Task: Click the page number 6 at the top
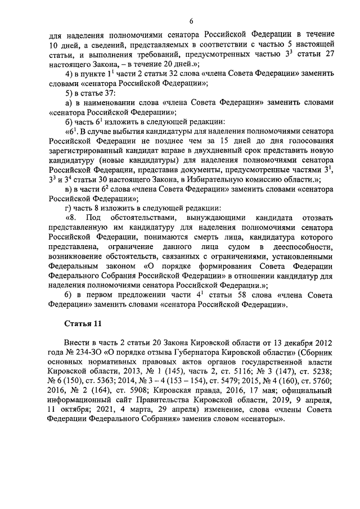191,21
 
